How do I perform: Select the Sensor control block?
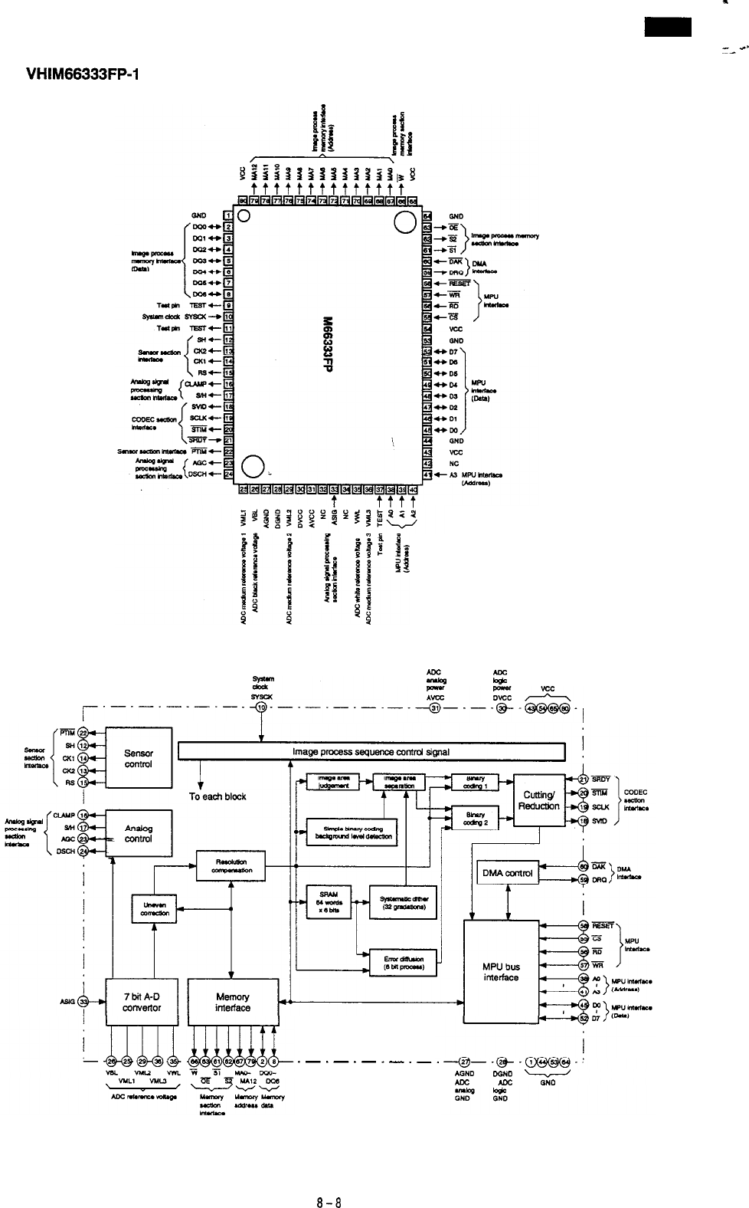tap(138, 759)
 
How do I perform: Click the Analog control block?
tap(138, 833)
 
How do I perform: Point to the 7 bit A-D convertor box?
tap(142, 1002)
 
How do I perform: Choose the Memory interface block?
tap(232, 1002)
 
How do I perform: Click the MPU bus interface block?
tap(501, 971)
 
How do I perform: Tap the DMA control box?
tap(506, 873)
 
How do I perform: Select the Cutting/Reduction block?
tap(538, 801)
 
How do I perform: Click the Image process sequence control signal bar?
tap(371, 752)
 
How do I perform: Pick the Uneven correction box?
tap(154, 909)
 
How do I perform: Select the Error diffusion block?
tap(403, 963)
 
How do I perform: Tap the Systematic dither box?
tap(403, 905)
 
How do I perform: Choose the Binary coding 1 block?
tap(475, 782)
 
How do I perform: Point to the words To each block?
tap(218, 796)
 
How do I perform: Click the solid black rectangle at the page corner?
tap(667, 28)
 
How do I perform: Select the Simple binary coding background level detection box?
tap(351, 832)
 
